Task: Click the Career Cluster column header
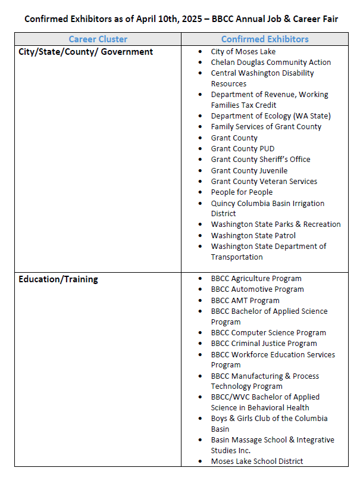[98, 39]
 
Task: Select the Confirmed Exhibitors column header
[265, 39]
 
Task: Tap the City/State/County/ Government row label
[86, 52]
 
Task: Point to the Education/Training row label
[58, 279]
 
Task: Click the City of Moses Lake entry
[243, 52]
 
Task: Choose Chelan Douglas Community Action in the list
[271, 63]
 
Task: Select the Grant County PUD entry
[242, 149]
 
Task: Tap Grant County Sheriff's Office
[260, 160]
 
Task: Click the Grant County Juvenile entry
[249, 171]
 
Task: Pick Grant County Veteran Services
[264, 182]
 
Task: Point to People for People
[242, 192]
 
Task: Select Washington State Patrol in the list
[253, 236]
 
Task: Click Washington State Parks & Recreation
[276, 225]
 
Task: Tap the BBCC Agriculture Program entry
[256, 279]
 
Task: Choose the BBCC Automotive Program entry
[257, 289]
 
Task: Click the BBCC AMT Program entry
[245, 301]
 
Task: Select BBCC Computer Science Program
[268, 333]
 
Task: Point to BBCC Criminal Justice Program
[264, 344]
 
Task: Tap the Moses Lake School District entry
[256, 462]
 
